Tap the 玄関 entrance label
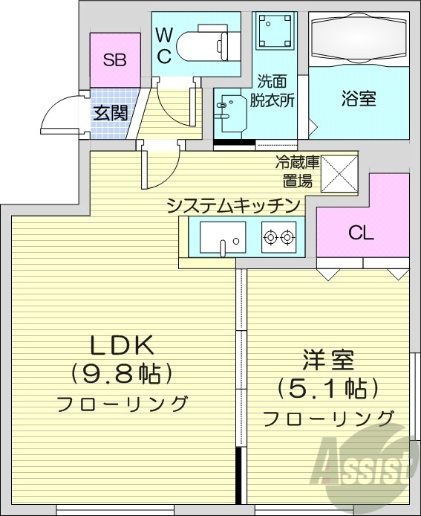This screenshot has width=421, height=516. pyautogui.click(x=110, y=114)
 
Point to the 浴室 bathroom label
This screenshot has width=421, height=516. pyautogui.click(x=359, y=99)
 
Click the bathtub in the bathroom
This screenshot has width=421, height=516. pyautogui.click(x=359, y=39)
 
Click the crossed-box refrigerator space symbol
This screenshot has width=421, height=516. pyautogui.click(x=341, y=171)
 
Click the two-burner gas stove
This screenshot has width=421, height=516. pyautogui.click(x=278, y=237)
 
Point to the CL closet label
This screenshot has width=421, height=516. pyautogui.click(x=361, y=233)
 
